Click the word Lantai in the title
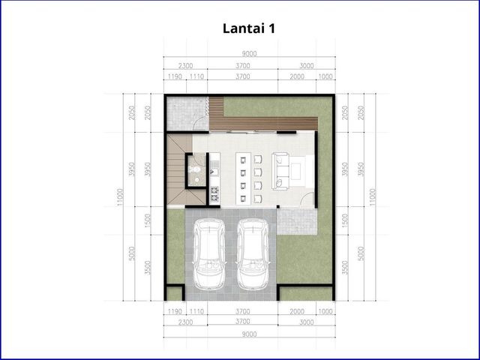[244, 28]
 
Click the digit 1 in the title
[271, 28]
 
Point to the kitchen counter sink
[214, 172]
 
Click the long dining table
[243, 178]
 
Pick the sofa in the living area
[280, 171]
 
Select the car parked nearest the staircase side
[209, 253]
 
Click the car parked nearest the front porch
[253, 253]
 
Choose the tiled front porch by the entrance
[296, 220]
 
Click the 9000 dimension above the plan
[249, 54]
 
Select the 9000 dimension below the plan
[249, 334]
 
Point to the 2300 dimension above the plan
[185, 66]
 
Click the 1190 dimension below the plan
[175, 312]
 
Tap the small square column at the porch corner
[278, 207]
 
